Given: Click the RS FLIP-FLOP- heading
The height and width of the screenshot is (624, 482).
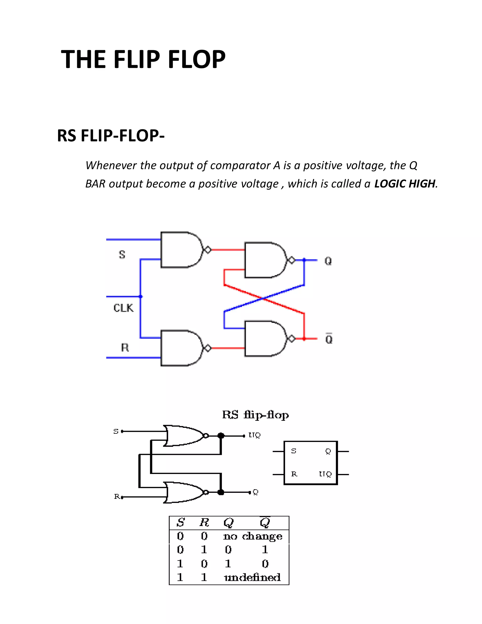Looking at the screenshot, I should tap(111, 135).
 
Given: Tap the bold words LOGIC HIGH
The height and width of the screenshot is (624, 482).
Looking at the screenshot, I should tap(405, 184).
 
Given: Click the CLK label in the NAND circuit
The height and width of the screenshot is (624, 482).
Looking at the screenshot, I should tap(123, 308).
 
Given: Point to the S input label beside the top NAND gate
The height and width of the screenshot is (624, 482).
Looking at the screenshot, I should tap(122, 254).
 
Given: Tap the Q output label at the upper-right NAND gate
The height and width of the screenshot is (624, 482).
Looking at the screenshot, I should tap(328, 261).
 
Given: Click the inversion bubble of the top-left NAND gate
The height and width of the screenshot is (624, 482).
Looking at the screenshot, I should tap(208, 250).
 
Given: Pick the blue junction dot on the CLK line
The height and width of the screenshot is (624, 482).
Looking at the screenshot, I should tap(141, 296).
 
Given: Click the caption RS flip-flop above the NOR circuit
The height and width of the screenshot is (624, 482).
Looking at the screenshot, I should tap(255, 415).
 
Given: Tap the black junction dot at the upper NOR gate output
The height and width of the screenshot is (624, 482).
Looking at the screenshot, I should tap(221, 436).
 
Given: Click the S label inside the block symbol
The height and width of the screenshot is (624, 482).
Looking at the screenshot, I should tap(293, 451).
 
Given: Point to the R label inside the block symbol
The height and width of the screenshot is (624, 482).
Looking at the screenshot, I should tap(294, 474).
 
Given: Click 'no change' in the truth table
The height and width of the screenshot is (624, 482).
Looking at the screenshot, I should tap(253, 536).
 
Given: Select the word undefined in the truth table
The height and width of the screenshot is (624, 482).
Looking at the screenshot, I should tap(252, 577).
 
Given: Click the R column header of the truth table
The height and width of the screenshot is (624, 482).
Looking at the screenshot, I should tap(204, 522).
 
